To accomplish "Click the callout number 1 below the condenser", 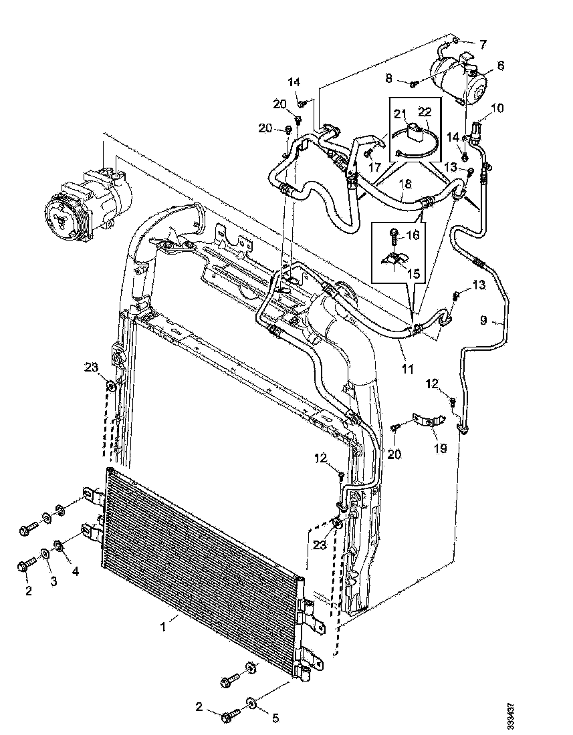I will pyautogui.click(x=162, y=626).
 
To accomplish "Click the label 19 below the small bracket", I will pyautogui.click(x=440, y=448).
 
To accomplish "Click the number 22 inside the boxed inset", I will pyautogui.click(x=425, y=112).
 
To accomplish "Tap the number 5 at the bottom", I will pyautogui.click(x=273, y=718).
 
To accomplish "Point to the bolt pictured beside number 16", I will pyautogui.click(x=394, y=235).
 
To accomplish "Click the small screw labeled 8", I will pyautogui.click(x=414, y=84).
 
